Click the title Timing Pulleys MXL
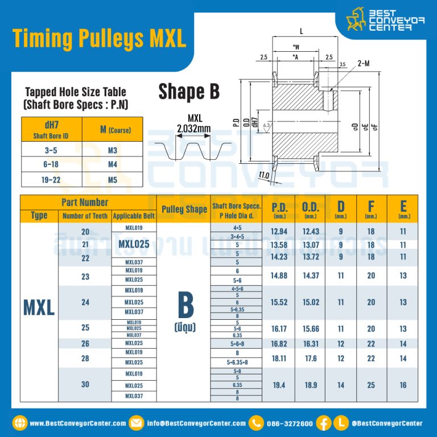pyautogui.click(x=99, y=38)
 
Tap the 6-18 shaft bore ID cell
pyautogui.click(x=51, y=164)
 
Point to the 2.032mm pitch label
pyautogui.click(x=193, y=129)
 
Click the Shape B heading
pyautogui.click(x=189, y=92)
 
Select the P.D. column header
pyautogui.click(x=279, y=209)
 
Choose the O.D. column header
pyautogui.click(x=311, y=209)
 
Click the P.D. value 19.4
pyautogui.click(x=279, y=385)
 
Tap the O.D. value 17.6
pyautogui.click(x=311, y=358)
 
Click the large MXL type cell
pyautogui.click(x=39, y=307)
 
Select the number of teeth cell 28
pyautogui.click(x=85, y=357)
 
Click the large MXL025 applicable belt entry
pyautogui.click(x=134, y=244)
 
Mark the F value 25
pyautogui.click(x=371, y=385)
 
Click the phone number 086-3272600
pyautogui.click(x=290, y=423)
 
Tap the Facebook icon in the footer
pyautogui.click(x=325, y=423)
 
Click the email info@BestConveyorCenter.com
pyautogui.click(x=196, y=423)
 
